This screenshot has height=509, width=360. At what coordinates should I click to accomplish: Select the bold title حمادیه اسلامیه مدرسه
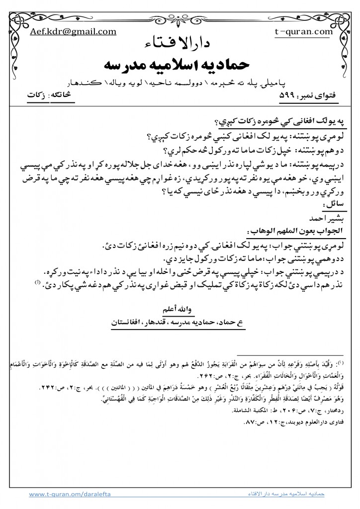[180, 65]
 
